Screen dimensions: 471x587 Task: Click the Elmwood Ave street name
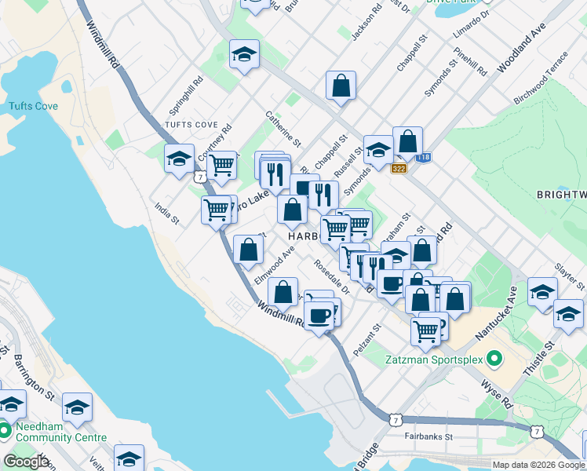(x=274, y=266)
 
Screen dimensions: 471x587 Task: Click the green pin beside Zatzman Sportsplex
(x=494, y=360)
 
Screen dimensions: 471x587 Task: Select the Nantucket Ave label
(x=492, y=313)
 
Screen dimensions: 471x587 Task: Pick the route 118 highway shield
(x=425, y=158)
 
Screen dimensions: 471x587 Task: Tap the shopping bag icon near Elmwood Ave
(x=249, y=249)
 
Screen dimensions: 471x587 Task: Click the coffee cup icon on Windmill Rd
(x=318, y=316)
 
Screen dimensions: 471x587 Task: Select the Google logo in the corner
(x=26, y=462)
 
